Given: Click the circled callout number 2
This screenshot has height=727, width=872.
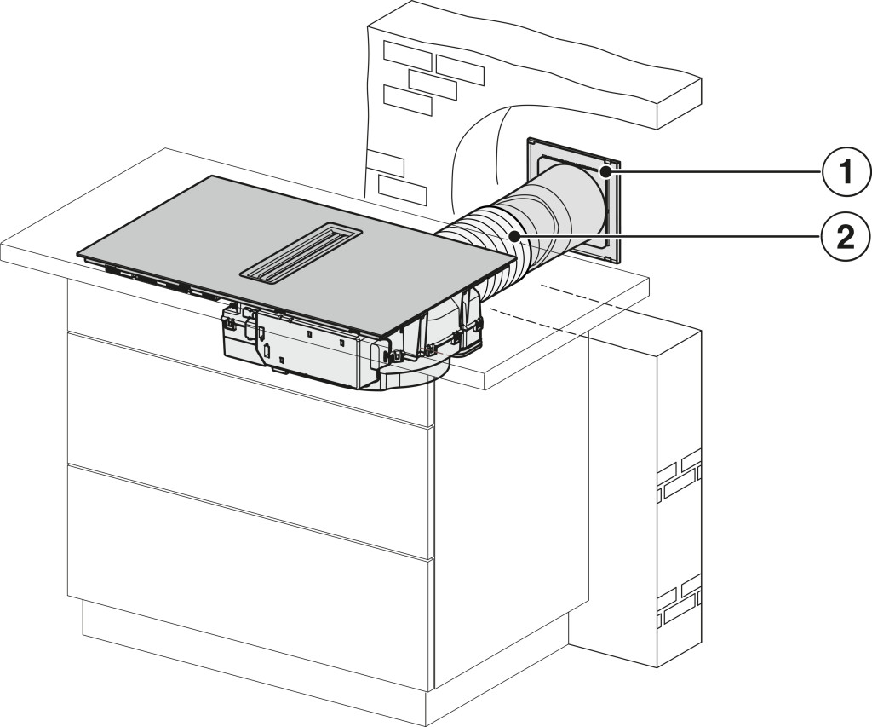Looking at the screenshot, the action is point(846,239).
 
